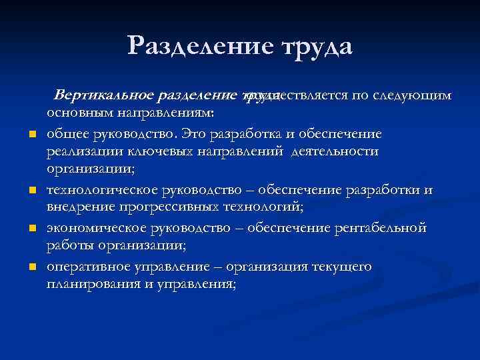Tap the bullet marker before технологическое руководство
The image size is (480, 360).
point(31,192)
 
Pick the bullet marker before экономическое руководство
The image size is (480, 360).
point(31,230)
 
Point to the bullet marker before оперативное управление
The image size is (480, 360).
point(31,268)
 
